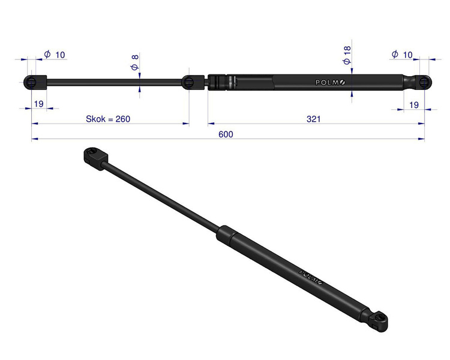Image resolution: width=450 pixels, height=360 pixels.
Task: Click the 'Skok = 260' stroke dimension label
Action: [108, 119]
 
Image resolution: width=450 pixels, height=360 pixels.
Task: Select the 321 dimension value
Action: [313, 119]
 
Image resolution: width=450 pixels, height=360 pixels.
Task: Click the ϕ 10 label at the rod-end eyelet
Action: [55, 55]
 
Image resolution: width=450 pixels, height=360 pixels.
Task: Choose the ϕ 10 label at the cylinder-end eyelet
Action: [402, 55]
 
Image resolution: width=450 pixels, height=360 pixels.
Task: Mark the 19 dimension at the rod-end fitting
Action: [38, 104]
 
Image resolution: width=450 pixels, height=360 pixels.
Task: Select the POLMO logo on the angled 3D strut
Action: [311, 275]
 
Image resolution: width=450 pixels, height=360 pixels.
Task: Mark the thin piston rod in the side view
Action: [114, 82]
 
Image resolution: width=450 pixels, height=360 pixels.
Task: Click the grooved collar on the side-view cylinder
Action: [218, 82]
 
